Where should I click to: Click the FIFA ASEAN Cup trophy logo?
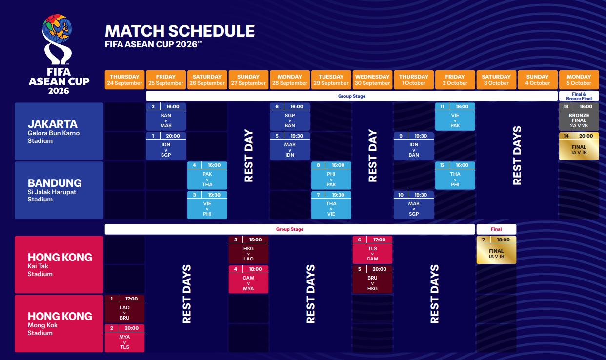[59, 54]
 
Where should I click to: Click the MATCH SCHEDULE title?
[180, 31]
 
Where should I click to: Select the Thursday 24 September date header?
[124, 80]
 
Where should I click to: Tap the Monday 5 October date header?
[579, 80]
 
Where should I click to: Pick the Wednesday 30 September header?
[372, 80]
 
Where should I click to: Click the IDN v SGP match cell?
[166, 146]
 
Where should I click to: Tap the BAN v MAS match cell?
[166, 117]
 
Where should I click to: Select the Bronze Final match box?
[579, 117]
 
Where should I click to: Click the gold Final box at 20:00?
[579, 146]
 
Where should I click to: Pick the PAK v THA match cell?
[207, 176]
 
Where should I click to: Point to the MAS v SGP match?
[414, 205]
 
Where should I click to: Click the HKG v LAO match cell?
[249, 250]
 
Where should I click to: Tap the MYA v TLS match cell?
[125, 339]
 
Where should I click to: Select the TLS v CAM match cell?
[372, 250]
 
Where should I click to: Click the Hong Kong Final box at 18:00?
[496, 250]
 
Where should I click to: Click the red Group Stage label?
[289, 229]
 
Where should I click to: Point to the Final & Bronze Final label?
[579, 96]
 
